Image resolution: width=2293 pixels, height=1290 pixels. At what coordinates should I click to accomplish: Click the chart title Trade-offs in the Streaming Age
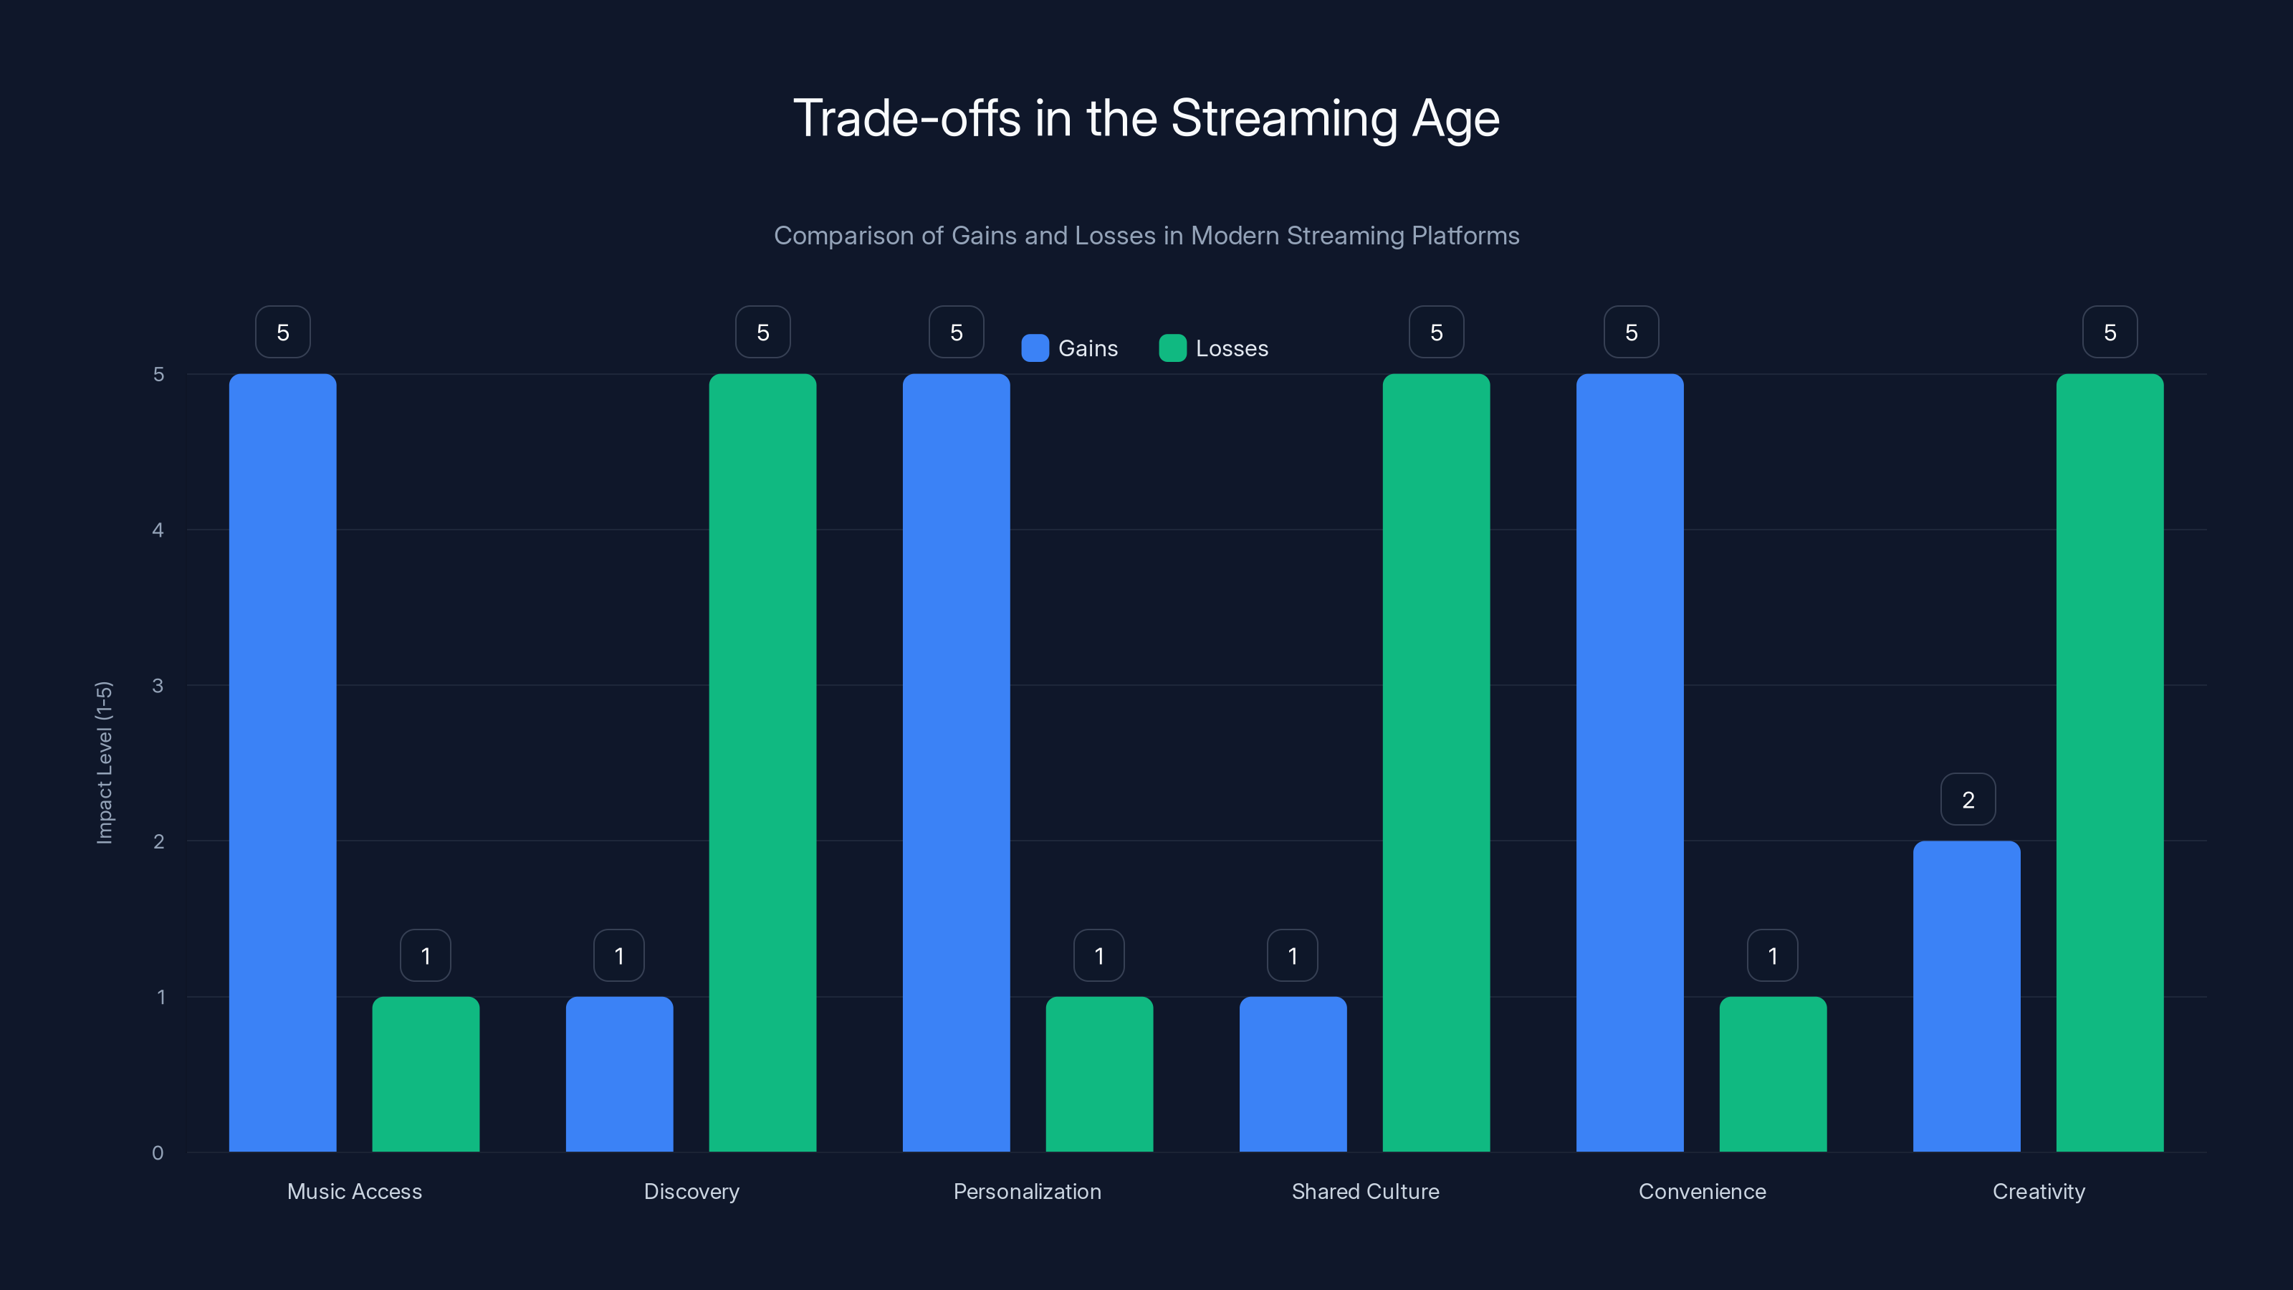pyautogui.click(x=1146, y=118)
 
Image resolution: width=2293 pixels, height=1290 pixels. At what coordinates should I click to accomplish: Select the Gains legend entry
pyautogui.click(x=1070, y=348)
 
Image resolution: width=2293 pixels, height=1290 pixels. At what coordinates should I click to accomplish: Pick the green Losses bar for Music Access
pyautogui.click(x=426, y=1074)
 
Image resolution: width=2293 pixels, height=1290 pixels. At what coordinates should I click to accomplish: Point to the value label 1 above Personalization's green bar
pyautogui.click(x=1098, y=955)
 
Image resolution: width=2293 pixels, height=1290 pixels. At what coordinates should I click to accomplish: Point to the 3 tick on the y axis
pyautogui.click(x=158, y=686)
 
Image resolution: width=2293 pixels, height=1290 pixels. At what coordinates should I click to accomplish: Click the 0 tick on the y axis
pyautogui.click(x=158, y=1153)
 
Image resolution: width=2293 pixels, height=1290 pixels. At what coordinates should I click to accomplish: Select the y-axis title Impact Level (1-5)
pyautogui.click(x=104, y=762)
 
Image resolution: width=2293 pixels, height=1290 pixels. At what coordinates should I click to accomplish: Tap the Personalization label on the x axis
pyautogui.click(x=1028, y=1191)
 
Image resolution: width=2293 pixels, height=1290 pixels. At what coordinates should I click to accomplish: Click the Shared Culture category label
pyautogui.click(x=1364, y=1191)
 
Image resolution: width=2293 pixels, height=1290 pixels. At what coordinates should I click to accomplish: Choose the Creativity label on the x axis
pyautogui.click(x=2039, y=1191)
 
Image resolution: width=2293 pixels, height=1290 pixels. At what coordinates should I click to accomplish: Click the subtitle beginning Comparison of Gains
pyautogui.click(x=1146, y=235)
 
